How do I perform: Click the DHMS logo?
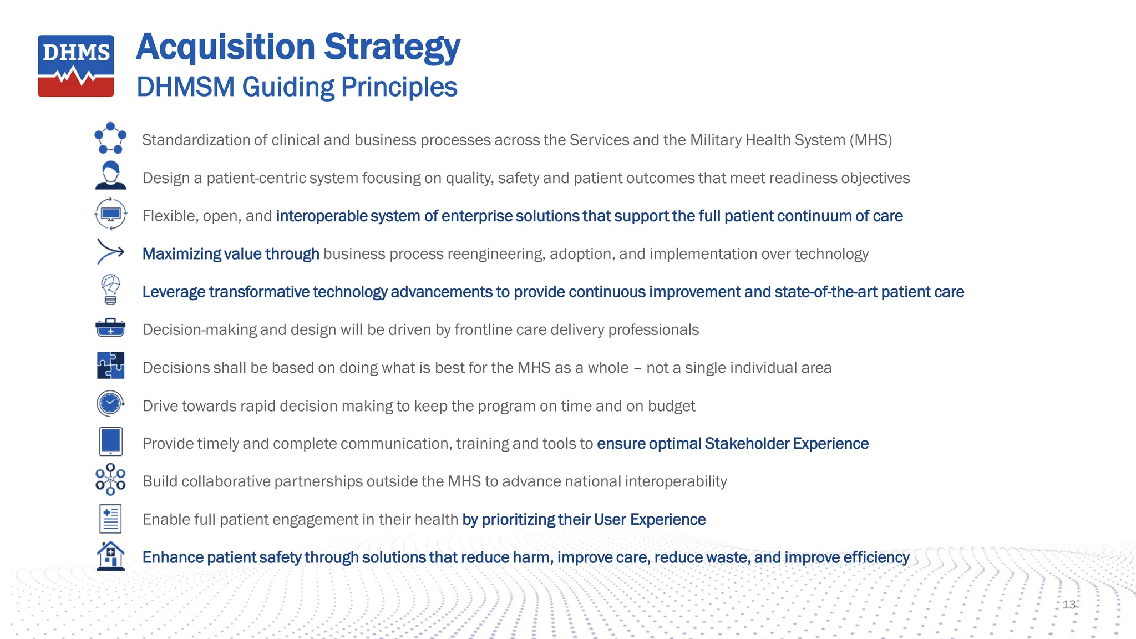(x=76, y=65)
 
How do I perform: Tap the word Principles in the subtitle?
(x=399, y=87)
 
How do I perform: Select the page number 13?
(x=1069, y=605)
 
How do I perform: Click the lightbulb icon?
(x=110, y=290)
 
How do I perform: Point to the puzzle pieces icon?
(x=110, y=366)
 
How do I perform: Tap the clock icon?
(x=110, y=403)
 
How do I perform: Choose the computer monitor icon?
(x=110, y=214)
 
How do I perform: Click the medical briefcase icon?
(x=110, y=328)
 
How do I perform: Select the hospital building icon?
(x=110, y=556)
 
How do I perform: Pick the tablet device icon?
(x=110, y=442)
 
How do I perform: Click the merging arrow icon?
(x=110, y=252)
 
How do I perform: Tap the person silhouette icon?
(x=110, y=175)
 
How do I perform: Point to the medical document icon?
(x=110, y=519)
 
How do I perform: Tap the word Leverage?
(x=174, y=292)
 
